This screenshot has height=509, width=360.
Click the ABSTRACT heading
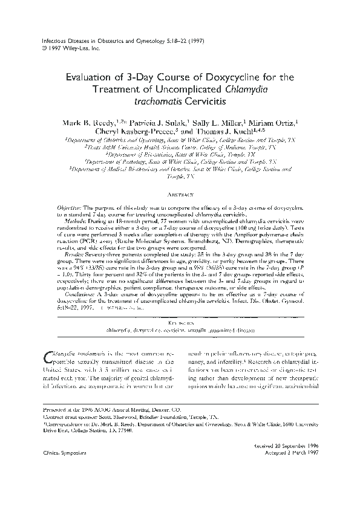[180, 195]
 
